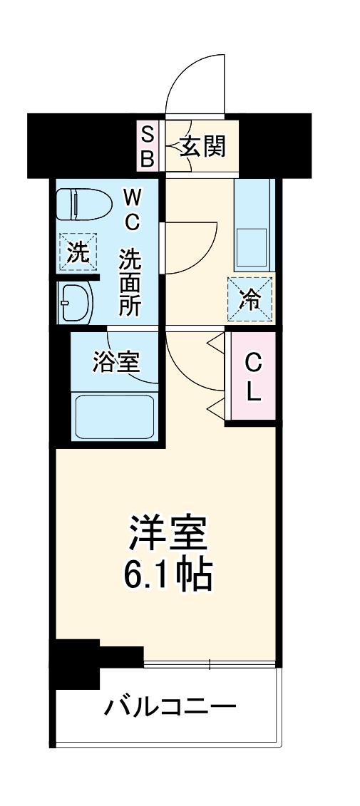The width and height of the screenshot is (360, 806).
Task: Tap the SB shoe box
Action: click(147, 146)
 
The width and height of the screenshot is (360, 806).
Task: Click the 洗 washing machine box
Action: click(75, 252)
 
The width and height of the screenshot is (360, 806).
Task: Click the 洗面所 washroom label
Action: click(130, 282)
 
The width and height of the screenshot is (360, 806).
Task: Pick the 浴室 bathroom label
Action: click(115, 362)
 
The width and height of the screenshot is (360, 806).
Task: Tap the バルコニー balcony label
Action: click(170, 708)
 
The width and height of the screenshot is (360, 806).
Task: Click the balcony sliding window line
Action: click(210, 666)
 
